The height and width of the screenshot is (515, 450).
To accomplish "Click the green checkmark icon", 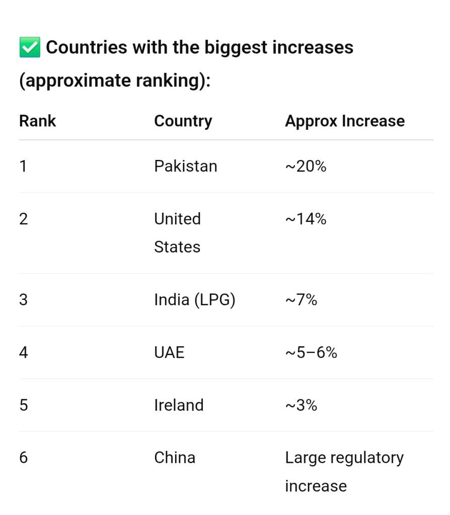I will tap(29, 48).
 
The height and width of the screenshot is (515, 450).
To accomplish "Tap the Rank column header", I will tap(37, 121).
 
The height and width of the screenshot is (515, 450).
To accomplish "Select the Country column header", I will tap(183, 121).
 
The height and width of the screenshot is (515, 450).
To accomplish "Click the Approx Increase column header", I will tap(344, 121).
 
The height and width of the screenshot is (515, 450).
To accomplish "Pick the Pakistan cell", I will tap(185, 166).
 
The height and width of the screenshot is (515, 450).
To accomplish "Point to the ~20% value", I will tap(306, 166).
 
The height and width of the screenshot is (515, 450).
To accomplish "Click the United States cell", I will tap(177, 232).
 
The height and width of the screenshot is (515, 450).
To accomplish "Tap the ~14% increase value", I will tap(306, 219).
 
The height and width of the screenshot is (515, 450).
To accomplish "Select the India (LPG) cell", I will tap(194, 300).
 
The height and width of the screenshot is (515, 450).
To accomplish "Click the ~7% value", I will tap(301, 300).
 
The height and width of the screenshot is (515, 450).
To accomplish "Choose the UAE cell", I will tap(169, 352).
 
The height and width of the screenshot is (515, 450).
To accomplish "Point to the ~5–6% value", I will tap(311, 352).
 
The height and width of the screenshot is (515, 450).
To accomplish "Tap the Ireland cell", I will tap(179, 405).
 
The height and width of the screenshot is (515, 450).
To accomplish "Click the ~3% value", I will tap(301, 405).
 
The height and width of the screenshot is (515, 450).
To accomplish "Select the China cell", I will tap(174, 458).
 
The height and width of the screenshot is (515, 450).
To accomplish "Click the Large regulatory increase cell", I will tap(344, 471).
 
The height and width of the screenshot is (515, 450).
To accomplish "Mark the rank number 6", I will tap(24, 458).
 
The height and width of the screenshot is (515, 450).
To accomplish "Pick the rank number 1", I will tap(23, 166).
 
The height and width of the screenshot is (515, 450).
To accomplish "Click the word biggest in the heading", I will tap(235, 48).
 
